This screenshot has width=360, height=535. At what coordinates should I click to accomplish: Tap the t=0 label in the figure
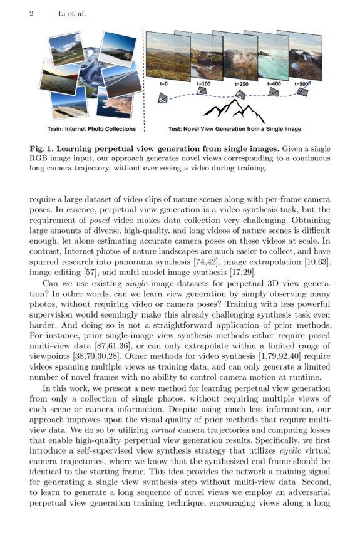pyautogui.click(x=165, y=83)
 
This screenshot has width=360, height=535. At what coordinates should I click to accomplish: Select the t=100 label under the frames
pyautogui.click(x=203, y=83)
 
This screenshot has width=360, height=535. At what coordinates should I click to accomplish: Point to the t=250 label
pyautogui.click(x=242, y=83)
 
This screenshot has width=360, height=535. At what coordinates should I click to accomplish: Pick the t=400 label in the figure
pyautogui.click(x=274, y=83)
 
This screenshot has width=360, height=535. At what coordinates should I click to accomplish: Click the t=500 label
pyautogui.click(x=301, y=83)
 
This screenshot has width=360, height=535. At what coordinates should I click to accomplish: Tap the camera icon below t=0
pyautogui.click(x=163, y=98)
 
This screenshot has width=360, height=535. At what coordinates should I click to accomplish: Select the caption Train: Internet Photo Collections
pyautogui.click(x=91, y=129)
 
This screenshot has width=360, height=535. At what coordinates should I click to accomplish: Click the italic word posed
pyautogui.click(x=101, y=219)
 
